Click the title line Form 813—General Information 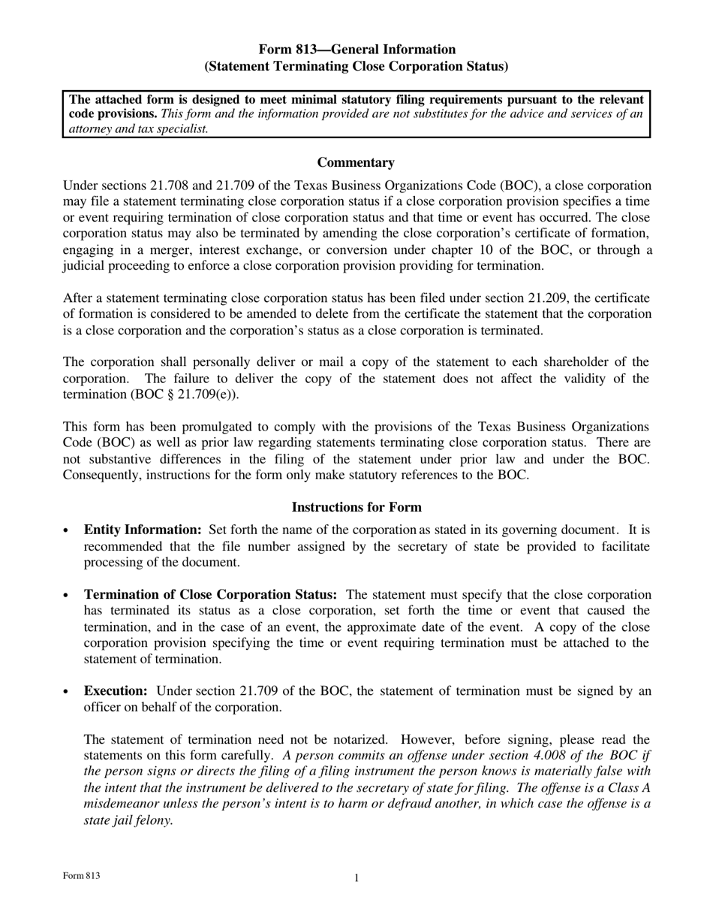(356, 50)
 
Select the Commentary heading (356, 162)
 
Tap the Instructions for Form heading (356, 507)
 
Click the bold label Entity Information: (143, 530)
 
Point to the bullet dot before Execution (68, 692)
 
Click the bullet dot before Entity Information (68, 530)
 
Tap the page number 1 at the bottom (356, 878)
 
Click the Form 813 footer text (82, 876)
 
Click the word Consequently (100, 475)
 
